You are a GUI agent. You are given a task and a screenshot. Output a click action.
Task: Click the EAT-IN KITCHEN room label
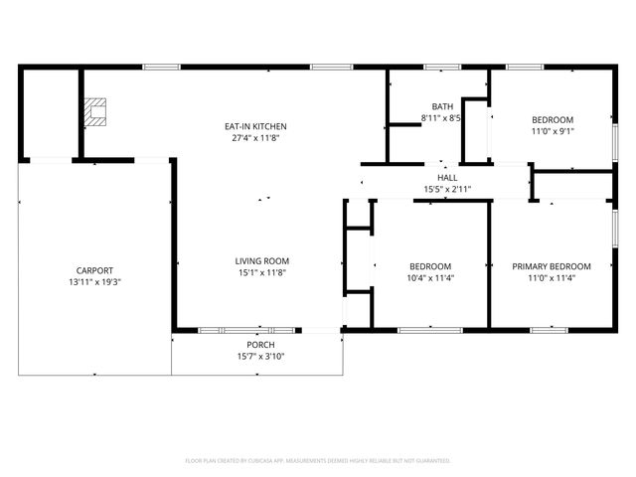pos(255,126)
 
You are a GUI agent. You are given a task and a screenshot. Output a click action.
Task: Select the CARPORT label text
pos(95,270)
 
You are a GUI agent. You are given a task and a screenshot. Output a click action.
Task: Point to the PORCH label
pos(261,345)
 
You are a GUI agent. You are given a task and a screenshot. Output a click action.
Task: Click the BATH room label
pos(442,106)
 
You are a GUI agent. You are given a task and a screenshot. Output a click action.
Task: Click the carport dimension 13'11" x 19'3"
pos(95,282)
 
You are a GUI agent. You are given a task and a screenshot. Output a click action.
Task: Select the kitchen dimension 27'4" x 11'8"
pos(255,138)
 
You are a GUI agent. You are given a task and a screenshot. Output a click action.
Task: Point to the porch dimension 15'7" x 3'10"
pos(261,357)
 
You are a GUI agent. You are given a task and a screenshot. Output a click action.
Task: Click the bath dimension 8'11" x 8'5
pos(442,118)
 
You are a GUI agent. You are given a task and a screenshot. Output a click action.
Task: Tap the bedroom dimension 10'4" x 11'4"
pos(431,278)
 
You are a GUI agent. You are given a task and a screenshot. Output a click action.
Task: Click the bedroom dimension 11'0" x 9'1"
pos(553,131)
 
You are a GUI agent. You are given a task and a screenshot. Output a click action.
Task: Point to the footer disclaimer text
pos(318,461)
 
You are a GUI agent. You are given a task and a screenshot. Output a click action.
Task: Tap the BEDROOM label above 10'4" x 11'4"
pos(431,266)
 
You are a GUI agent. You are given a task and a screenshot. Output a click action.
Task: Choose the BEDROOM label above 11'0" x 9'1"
pos(553,119)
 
